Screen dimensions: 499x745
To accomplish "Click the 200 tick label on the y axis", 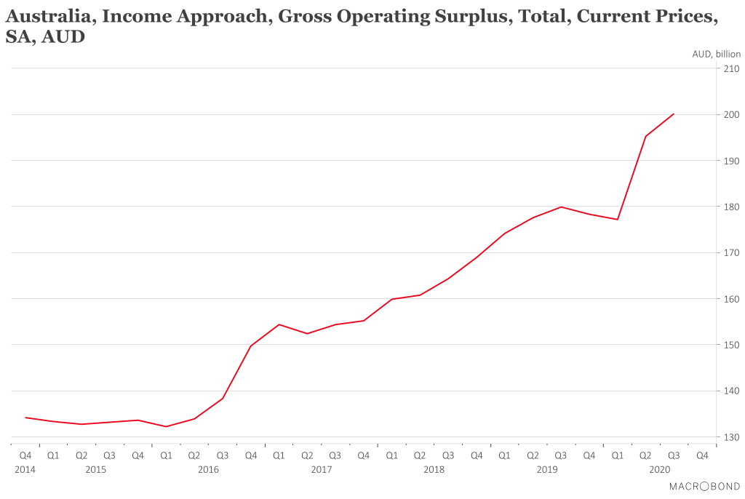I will [x=730, y=115].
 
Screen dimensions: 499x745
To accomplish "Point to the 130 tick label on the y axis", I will [x=730, y=437].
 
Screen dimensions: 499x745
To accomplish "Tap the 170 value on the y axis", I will [x=730, y=253].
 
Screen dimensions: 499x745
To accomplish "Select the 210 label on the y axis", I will [x=730, y=69].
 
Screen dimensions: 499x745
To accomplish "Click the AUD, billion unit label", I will [x=716, y=54].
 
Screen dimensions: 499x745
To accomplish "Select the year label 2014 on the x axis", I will [x=25, y=470].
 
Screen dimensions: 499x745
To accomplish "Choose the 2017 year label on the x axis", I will [x=321, y=470].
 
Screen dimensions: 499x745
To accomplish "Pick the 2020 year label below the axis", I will [x=659, y=470].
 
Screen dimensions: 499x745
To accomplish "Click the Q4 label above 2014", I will [x=25, y=456].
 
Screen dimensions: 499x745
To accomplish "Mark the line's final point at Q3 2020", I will [x=674, y=113].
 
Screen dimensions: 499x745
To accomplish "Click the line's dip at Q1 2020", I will [x=618, y=219].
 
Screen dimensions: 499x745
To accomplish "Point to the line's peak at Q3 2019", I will [x=561, y=207].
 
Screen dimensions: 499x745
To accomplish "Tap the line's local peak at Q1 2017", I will [x=279, y=324].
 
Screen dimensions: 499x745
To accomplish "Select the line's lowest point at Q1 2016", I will [x=166, y=426].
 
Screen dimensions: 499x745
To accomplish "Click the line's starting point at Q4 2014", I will [x=25, y=418].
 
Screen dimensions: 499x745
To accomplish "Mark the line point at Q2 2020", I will [x=645, y=136].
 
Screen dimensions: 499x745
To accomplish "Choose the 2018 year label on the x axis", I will [x=434, y=470].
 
